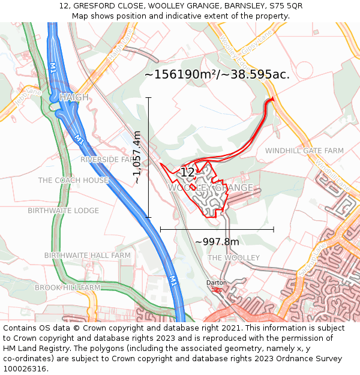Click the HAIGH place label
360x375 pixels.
[74, 97]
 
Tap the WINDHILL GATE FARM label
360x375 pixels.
[304, 151]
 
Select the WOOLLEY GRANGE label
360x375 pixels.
[210, 188]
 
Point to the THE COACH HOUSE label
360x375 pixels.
[73, 180]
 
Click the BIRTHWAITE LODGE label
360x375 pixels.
[63, 211]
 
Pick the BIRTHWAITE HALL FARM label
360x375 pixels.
[87, 255]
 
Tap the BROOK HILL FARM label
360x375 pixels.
[67, 287]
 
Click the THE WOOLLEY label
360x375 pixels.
[233, 257]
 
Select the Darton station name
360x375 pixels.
[217, 282]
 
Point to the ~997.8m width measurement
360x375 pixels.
[217, 242]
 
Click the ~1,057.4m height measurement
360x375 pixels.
[137, 157]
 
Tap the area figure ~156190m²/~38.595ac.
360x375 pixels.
[217, 74]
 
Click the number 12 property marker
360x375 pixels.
[187, 173]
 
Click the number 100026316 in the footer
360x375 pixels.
[26, 368]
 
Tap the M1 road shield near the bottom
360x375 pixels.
[172, 280]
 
